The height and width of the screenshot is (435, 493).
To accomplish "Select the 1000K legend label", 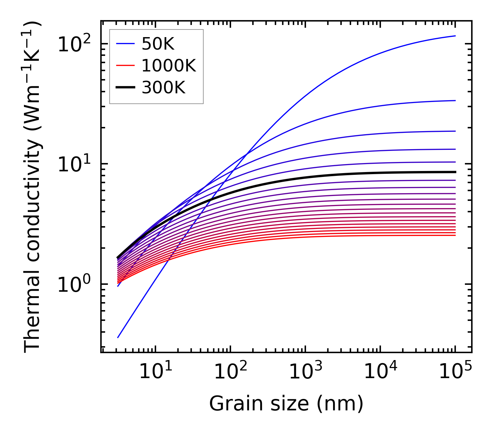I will click(x=169, y=66).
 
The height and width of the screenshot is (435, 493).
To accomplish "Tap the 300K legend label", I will click(x=163, y=88).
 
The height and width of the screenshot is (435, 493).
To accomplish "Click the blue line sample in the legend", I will click(x=125, y=44).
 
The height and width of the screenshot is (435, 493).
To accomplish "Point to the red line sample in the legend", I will click(x=125, y=66).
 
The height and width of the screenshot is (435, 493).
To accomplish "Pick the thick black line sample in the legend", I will click(x=125, y=88).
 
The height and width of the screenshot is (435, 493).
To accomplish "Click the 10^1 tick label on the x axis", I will click(x=155, y=372).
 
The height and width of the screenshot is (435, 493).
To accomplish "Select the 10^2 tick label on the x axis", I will click(x=230, y=372).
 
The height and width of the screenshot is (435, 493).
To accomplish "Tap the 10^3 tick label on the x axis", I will click(x=305, y=372).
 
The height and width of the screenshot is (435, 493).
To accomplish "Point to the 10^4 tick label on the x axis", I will click(x=380, y=372).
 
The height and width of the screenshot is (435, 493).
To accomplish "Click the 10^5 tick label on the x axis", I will click(x=455, y=372).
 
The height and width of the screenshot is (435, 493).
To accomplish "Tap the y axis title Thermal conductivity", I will click(x=33, y=186).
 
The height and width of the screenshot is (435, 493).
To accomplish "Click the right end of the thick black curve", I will click(x=455, y=172).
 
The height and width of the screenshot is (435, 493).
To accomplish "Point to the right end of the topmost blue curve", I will click(x=455, y=36).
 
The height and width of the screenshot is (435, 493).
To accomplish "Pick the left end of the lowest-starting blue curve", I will click(x=118, y=337).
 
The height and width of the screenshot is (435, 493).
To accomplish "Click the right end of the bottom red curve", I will click(x=455, y=236).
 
